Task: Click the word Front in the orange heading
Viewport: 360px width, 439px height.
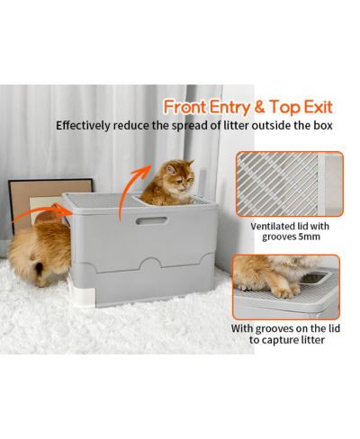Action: (185, 107)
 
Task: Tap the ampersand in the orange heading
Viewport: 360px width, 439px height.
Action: (258, 107)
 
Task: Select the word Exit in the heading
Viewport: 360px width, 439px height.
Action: (318, 107)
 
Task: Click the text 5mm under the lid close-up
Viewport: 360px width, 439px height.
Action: (309, 237)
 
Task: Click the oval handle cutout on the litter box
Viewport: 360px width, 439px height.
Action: (151, 220)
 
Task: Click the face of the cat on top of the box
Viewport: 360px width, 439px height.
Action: (181, 177)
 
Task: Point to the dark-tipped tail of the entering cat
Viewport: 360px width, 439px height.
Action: (39, 268)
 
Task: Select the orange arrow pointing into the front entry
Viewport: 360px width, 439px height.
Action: (43, 213)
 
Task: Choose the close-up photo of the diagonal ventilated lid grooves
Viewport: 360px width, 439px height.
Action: (289, 184)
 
